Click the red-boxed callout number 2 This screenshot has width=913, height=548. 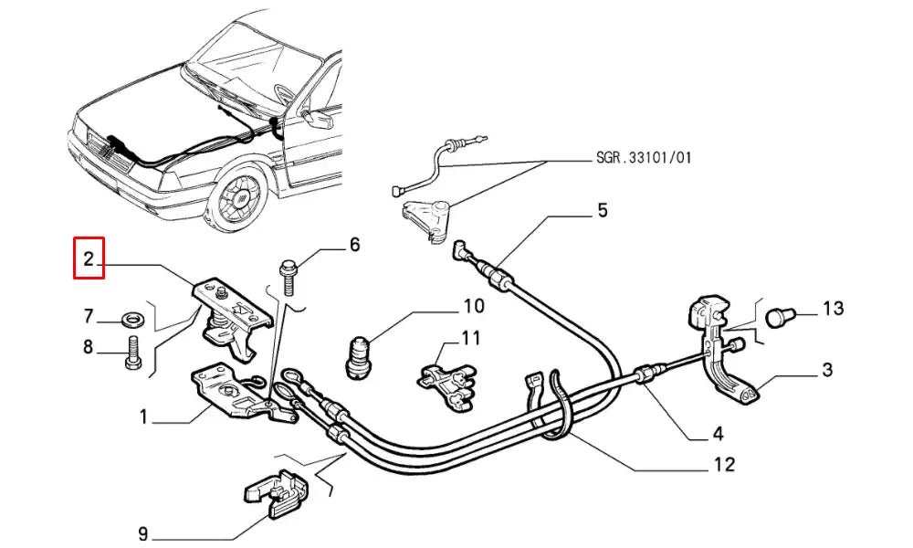point(89,258)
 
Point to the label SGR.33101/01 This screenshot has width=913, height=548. point(637,158)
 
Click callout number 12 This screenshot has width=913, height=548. point(723,465)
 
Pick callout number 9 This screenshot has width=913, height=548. point(143,532)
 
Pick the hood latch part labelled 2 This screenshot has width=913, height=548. point(232,314)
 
